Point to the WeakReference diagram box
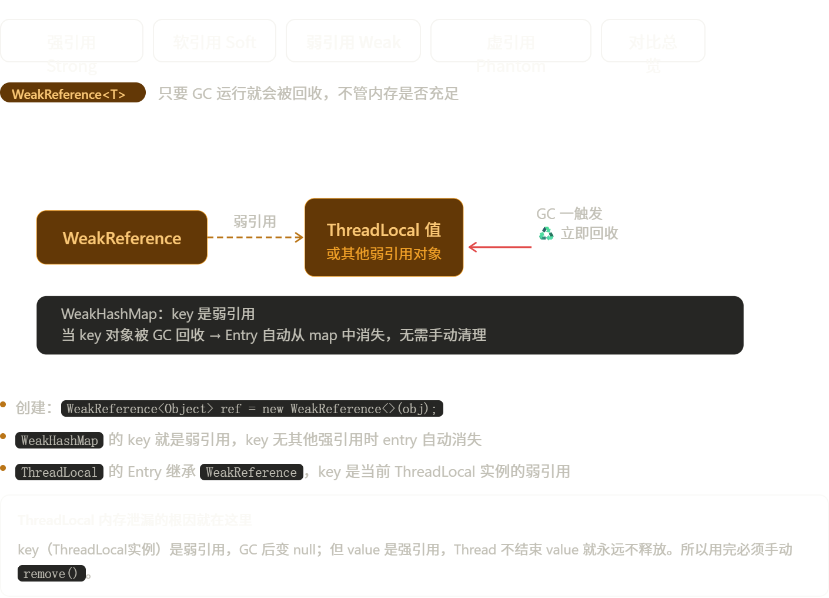(122, 238)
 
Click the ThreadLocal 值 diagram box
(384, 238)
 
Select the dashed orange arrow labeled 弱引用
(256, 237)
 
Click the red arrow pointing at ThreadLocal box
(500, 247)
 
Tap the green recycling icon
(546, 234)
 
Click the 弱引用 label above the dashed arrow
(255, 221)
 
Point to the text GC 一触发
(569, 214)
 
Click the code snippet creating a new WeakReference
(252, 408)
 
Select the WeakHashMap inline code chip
(59, 440)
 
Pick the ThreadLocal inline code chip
(59, 472)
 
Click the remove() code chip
(51, 573)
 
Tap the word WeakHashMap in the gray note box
(109, 314)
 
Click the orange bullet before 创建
(3, 404)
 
